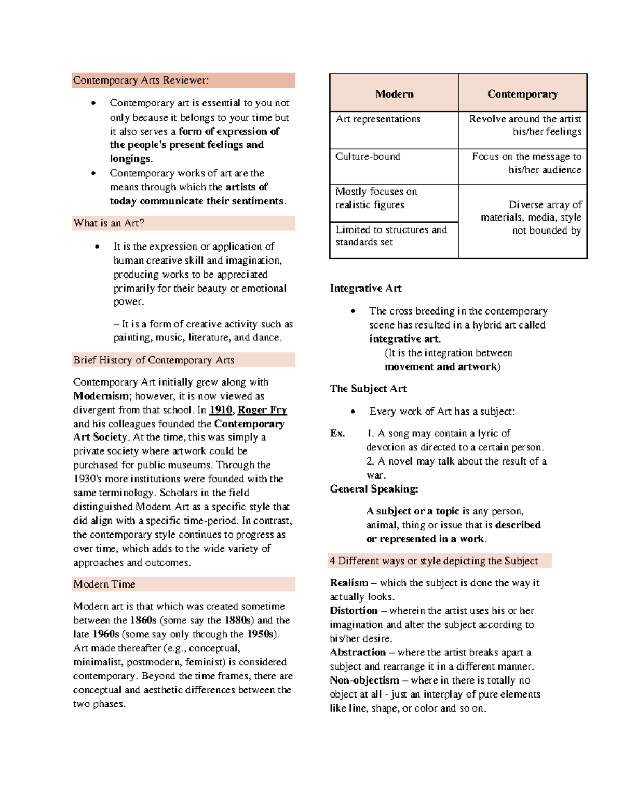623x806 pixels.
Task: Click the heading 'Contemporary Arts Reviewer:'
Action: pos(141,80)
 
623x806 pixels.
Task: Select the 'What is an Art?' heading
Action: pos(109,223)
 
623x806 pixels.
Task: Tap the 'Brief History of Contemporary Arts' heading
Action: pos(154,360)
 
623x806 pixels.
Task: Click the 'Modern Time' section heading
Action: pos(104,584)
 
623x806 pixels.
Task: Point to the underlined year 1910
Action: pos(220,410)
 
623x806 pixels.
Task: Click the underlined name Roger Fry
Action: pos(262,410)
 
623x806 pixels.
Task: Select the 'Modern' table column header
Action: pos(394,94)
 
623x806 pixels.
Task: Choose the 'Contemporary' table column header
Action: pos(522,94)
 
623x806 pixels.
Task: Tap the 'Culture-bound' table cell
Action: pos(368,156)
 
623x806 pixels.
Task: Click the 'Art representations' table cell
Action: pos(378,119)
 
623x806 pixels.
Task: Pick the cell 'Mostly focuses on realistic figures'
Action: pos(376,198)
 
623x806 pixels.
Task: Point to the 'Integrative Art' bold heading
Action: pos(365,289)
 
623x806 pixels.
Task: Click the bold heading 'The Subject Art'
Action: pos(368,389)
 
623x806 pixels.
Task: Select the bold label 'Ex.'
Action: pos(337,433)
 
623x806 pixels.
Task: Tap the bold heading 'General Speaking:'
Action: pos(374,489)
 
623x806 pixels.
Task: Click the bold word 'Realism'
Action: pos(349,583)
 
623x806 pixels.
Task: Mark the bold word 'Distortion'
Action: pos(354,611)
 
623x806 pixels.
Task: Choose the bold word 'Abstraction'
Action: pos(358,652)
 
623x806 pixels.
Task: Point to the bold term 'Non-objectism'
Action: pos(364,680)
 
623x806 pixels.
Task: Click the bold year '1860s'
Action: pos(143,620)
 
